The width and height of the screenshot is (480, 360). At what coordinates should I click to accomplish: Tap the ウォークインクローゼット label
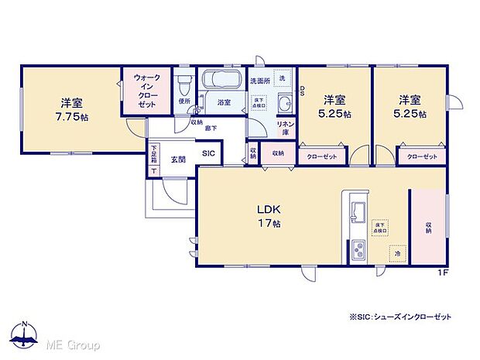[x=147, y=90]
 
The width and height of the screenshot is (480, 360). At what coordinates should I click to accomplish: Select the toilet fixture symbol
[x=184, y=84]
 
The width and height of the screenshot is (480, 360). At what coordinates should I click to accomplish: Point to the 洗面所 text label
[x=259, y=80]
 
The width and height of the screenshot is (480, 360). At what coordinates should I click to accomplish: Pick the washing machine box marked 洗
[x=282, y=79]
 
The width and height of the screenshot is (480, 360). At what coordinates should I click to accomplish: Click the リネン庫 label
[x=284, y=128]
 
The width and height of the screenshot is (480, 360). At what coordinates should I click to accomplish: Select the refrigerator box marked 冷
[x=396, y=252]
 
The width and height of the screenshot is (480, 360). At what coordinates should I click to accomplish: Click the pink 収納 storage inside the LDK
[x=427, y=227]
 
